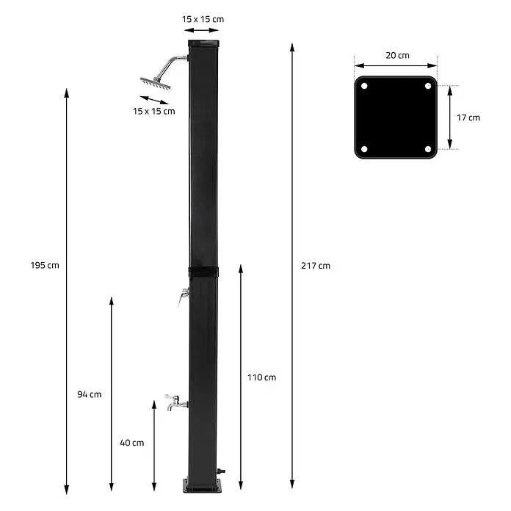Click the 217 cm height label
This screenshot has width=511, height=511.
316,266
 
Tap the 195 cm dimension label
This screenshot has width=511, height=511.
45,265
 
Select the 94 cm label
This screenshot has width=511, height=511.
90,394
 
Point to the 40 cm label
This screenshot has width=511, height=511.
132,443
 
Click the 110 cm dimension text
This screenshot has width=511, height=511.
261,377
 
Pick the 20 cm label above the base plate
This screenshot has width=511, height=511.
398,55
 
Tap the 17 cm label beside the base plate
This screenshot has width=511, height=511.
468,117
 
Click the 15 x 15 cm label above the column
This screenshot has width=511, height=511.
203,19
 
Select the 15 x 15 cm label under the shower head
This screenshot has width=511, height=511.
154,111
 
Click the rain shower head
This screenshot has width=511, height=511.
156,83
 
